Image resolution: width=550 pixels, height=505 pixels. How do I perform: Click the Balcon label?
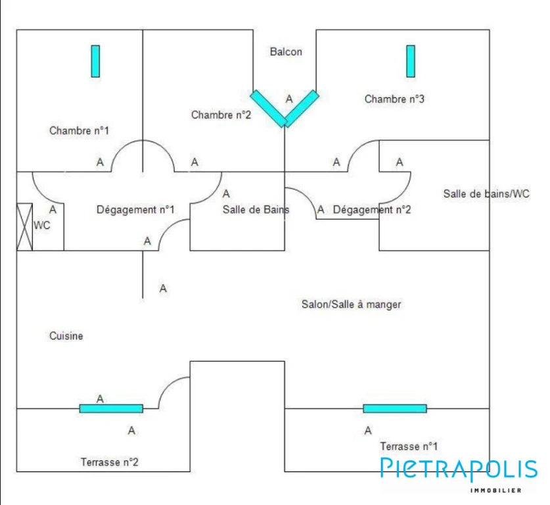pos(286,52)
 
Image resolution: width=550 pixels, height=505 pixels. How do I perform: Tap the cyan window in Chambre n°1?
pos(95,61)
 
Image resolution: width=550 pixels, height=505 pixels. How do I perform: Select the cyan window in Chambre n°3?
pos(411,61)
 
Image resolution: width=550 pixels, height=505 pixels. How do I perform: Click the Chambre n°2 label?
pos(221,115)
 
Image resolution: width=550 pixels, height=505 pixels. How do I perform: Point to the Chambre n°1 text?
pos(79,131)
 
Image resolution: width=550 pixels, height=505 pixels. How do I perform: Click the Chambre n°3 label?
pos(394,99)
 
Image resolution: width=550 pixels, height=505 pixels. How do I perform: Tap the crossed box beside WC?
pos(24,227)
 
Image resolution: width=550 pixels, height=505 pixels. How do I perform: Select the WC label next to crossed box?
pos(42,226)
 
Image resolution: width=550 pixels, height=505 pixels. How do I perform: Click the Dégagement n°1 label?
pos(135,210)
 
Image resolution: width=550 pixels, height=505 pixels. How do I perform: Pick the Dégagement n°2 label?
pos(372,210)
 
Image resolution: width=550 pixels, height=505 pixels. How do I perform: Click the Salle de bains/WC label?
pos(486,194)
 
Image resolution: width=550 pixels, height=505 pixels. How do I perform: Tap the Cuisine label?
pos(66,336)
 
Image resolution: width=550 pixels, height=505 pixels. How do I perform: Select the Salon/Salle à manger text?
pos(351,304)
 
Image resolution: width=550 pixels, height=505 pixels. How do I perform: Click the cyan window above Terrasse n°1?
pos(395,408)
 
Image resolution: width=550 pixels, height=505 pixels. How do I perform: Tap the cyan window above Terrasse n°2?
pos(111,408)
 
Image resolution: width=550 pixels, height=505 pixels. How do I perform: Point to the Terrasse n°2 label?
pos(110,462)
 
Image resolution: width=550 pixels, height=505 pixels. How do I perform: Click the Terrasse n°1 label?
pos(409,446)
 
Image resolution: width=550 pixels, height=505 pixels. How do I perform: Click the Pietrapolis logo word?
pos(459,468)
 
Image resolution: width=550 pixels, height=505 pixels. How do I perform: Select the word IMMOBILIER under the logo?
pos(495,491)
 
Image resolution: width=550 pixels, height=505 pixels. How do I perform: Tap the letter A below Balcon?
pos(289,99)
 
